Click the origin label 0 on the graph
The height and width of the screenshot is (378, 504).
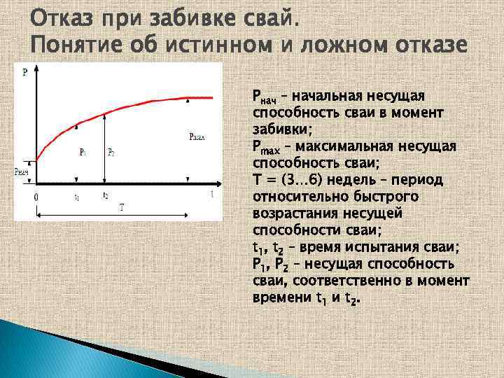[36, 198]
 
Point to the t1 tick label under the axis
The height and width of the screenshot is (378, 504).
[77, 197]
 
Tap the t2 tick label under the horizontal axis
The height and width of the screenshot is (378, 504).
[105, 195]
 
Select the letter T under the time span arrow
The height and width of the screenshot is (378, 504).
[122, 207]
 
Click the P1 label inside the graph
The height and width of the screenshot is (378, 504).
[83, 151]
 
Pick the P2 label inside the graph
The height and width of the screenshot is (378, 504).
[111, 151]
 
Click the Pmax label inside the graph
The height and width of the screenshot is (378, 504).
[197, 137]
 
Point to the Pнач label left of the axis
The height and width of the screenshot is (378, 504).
[22, 171]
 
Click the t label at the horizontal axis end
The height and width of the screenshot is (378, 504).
[212, 195]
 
